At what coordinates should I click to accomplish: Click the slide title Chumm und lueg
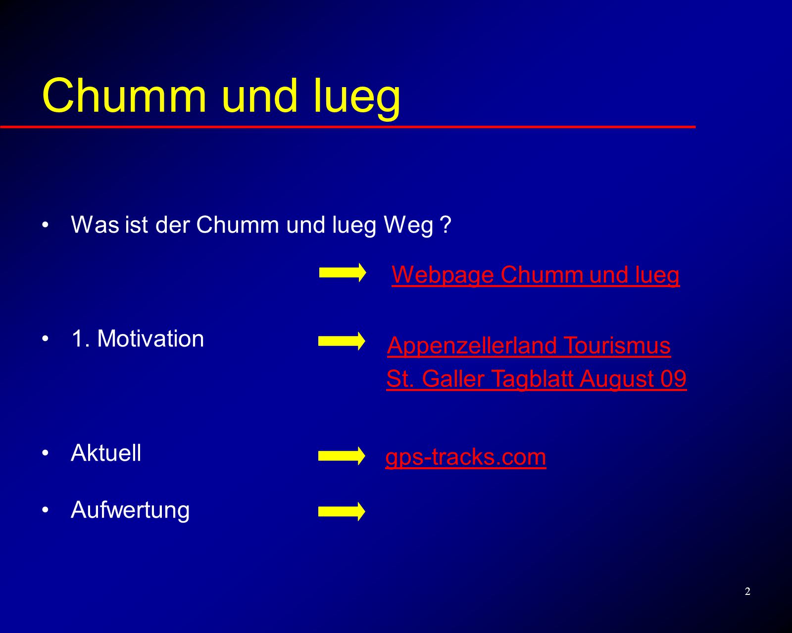(221, 97)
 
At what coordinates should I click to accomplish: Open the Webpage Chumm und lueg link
(536, 275)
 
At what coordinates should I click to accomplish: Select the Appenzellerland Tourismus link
(529, 346)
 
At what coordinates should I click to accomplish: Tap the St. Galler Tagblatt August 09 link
(537, 379)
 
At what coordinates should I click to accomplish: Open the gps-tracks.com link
(466, 458)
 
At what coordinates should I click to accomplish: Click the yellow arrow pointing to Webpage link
(343, 273)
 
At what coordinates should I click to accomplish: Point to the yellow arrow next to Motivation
(342, 341)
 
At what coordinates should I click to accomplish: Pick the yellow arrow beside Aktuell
(342, 456)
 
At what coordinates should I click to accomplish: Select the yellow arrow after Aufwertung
(342, 512)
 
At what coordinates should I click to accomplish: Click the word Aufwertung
(130, 511)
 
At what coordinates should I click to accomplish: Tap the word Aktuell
(106, 453)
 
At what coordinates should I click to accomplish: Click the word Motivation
(150, 339)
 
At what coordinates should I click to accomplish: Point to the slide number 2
(747, 591)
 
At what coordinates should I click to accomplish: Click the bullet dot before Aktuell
(45, 453)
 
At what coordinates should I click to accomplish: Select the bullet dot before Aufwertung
(45, 510)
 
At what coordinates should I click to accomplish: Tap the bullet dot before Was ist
(45, 225)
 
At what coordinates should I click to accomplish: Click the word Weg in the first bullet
(408, 225)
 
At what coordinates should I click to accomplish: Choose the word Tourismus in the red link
(617, 345)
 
